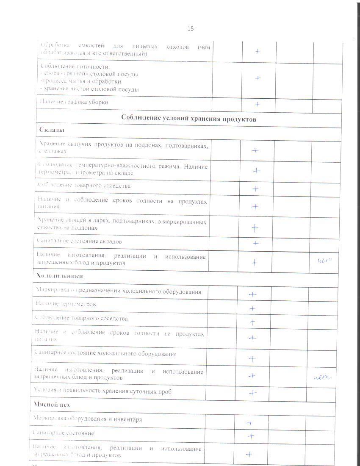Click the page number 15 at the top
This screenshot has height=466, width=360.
tap(191, 29)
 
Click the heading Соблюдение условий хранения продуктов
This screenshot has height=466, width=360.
tap(189, 119)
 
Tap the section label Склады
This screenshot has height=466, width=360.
tap(52, 130)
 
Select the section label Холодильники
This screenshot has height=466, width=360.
tap(59, 276)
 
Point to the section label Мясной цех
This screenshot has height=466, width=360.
tap(52, 405)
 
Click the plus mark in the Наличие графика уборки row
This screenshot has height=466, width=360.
tap(257, 104)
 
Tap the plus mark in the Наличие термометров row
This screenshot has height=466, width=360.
tap(252, 309)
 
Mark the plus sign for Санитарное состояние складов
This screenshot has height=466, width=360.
tap(255, 244)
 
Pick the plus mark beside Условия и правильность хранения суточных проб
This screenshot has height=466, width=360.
tap(253, 393)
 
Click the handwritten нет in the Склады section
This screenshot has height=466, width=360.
tap(324, 261)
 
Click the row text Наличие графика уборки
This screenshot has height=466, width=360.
tap(75, 102)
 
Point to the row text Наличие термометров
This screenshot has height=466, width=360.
tap(66, 304)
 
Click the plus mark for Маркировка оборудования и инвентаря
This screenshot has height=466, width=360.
tap(250, 422)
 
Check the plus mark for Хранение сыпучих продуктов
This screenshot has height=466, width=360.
tap(255, 150)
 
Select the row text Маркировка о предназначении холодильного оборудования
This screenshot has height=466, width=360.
tap(118, 291)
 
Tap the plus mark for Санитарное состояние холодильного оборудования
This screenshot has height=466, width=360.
tap(252, 359)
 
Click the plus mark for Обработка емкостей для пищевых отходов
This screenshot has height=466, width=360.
tap(257, 51)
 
